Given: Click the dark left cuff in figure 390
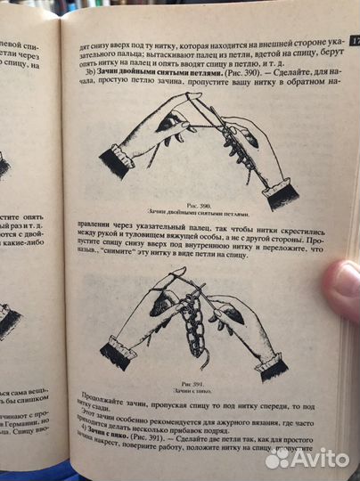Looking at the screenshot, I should tap(117, 163).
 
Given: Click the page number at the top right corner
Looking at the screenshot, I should tap(352, 39).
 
